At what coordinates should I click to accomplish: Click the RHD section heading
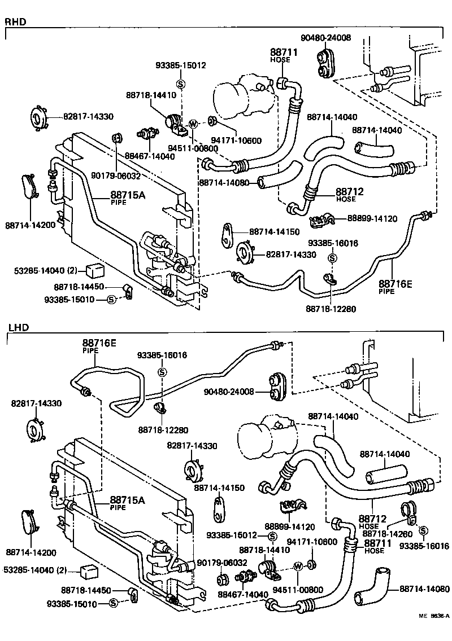pos(15,22)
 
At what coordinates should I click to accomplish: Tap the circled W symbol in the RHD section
pos(193,124)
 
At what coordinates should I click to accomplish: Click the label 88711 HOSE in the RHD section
pos(283,55)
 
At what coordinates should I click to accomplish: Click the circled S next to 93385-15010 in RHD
pos(111,299)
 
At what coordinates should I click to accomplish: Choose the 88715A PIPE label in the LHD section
pos(127,502)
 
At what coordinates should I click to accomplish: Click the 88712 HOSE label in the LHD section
pos(372,520)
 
